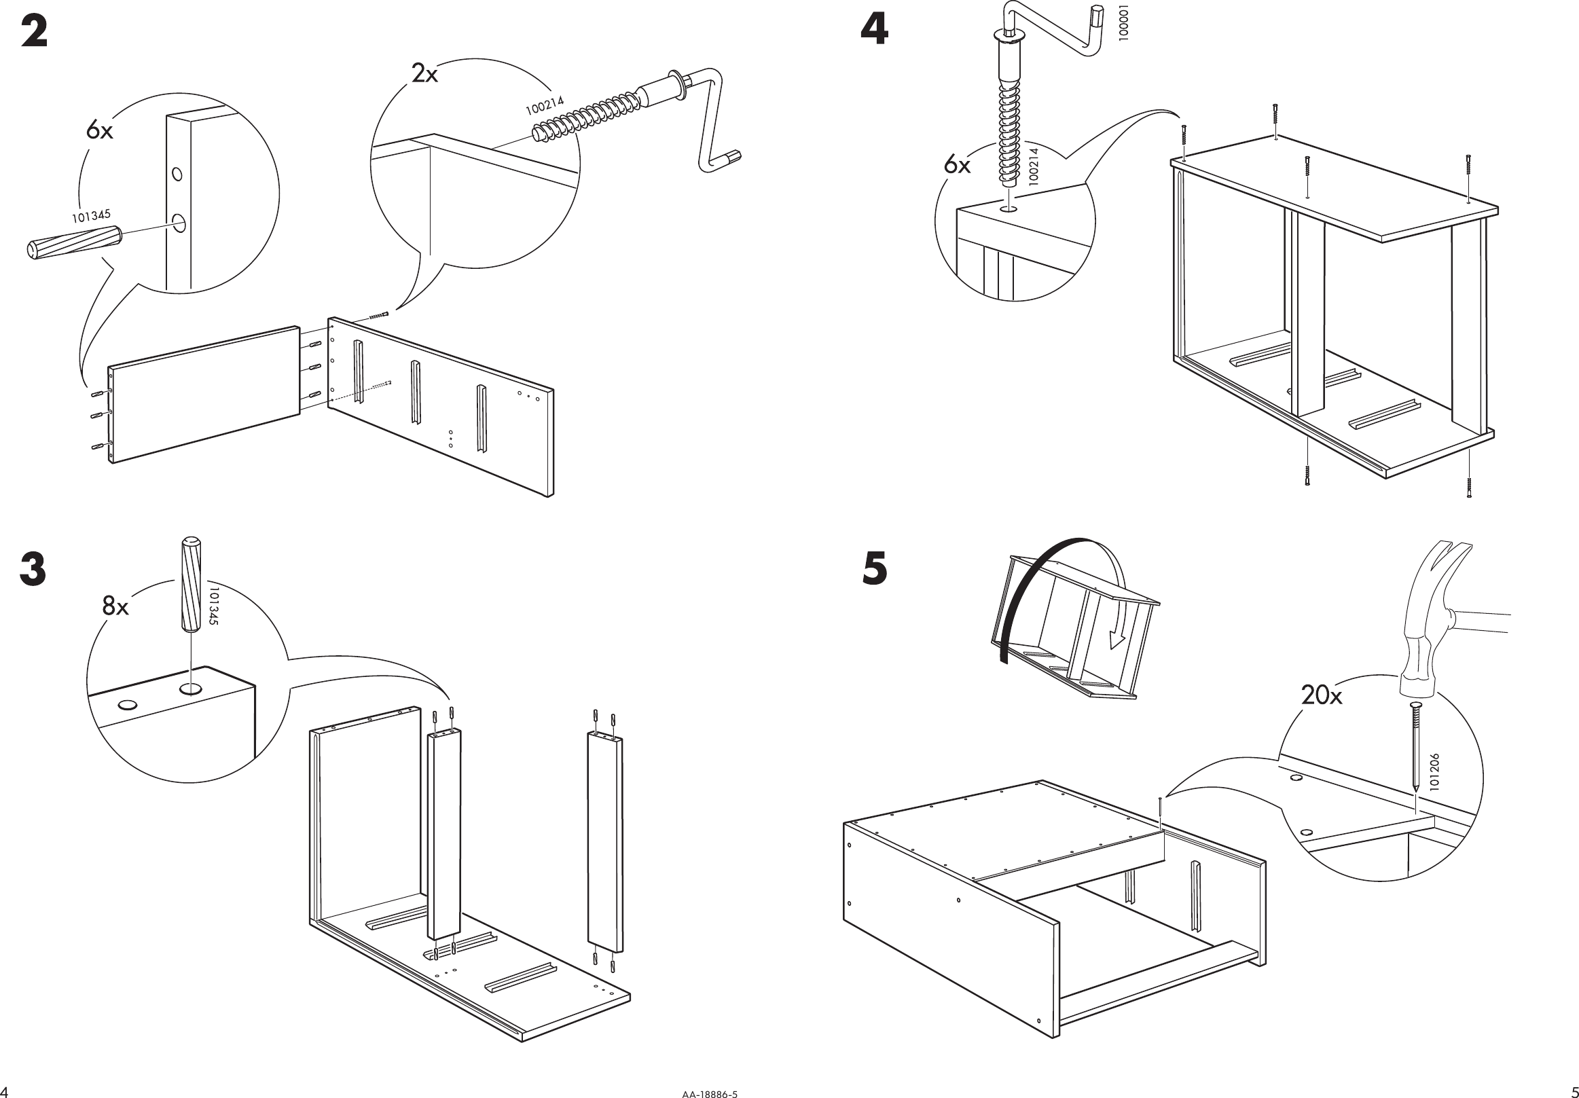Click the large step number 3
pos(33,570)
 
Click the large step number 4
pos(874,31)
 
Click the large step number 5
pos(875,570)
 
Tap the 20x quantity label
pos(1321,696)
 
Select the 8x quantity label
pos(115,606)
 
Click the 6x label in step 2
pos(99,130)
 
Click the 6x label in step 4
pos(957,165)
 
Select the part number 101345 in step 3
pos(214,605)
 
